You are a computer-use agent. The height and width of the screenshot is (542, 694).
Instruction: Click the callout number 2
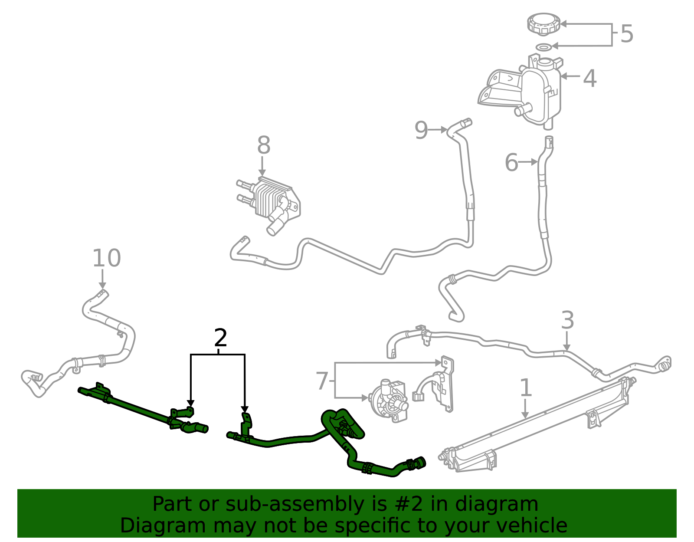tap(221, 338)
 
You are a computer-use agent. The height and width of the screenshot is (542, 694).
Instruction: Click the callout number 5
tap(627, 34)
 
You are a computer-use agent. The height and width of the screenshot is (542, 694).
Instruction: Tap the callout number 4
tap(589, 79)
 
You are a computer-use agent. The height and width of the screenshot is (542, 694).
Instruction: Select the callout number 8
tap(264, 145)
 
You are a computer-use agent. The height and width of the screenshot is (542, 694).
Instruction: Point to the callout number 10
tap(106, 258)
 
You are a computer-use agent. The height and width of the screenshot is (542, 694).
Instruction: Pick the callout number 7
tap(322, 381)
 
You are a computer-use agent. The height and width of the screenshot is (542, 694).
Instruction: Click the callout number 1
tap(526, 388)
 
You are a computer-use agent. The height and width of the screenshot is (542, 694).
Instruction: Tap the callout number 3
tap(567, 321)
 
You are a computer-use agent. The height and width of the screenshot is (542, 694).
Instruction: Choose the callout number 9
tap(421, 130)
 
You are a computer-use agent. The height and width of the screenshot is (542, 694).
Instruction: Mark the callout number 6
tap(511, 163)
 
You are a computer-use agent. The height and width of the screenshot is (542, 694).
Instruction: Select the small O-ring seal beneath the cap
tap(543, 46)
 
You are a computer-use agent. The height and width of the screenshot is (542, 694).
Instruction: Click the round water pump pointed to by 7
tap(388, 401)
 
